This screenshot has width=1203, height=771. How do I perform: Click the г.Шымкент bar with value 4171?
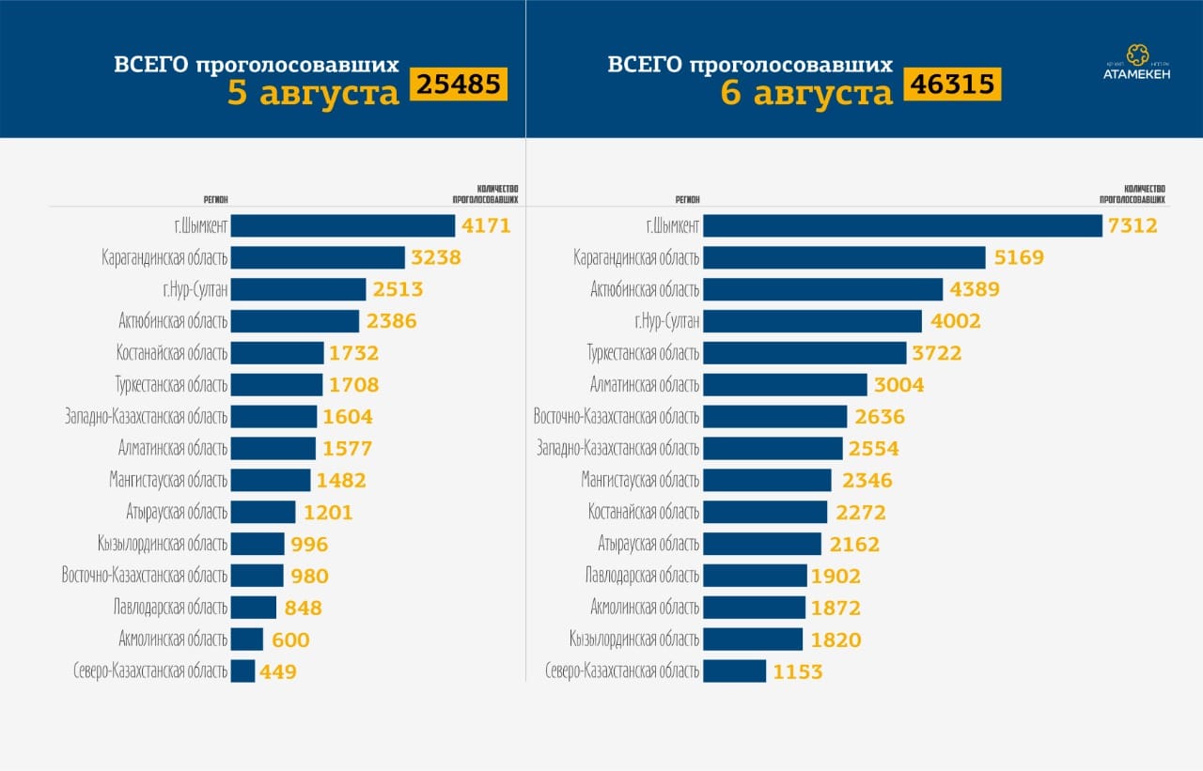coord(342,226)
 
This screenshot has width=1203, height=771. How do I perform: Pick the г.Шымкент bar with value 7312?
coord(902,226)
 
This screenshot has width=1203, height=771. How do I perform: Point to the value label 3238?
coord(436,257)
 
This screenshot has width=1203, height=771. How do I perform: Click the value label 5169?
coord(1019,257)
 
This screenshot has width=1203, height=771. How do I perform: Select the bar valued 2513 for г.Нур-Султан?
coord(298,289)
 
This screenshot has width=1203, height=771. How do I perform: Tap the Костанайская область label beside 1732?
coord(173,353)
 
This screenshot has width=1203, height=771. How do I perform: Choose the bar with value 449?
coord(242,671)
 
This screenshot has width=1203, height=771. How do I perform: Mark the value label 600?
coord(289,640)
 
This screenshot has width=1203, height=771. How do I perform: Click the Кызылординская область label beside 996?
coord(162,545)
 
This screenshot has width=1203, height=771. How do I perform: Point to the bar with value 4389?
coord(822,289)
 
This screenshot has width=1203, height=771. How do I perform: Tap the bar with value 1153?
coord(734,671)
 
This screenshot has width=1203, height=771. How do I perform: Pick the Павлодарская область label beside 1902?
coord(642,576)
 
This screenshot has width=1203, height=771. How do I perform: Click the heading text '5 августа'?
coord(314,93)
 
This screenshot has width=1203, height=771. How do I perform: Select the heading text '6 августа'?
coord(806,93)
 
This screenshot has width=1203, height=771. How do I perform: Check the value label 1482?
coord(341,481)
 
